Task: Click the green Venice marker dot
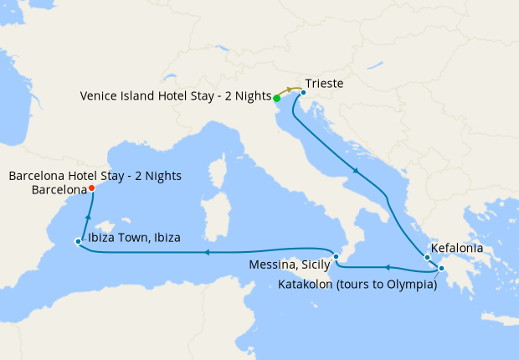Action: click(277, 98)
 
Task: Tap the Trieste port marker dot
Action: click(303, 93)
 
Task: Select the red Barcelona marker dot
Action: click(91, 188)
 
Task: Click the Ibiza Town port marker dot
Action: click(78, 242)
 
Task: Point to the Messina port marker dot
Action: click(336, 256)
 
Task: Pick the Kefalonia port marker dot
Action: click(427, 257)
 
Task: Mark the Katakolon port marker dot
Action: click(441, 269)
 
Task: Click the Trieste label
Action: click(324, 85)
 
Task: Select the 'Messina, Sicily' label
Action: click(290, 265)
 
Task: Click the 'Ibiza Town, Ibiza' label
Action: click(134, 237)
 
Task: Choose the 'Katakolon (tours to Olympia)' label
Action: click(357, 285)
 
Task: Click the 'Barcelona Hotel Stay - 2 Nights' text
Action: click(95, 176)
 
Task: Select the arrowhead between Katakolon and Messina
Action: click(387, 268)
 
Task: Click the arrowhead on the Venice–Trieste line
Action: click(290, 89)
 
